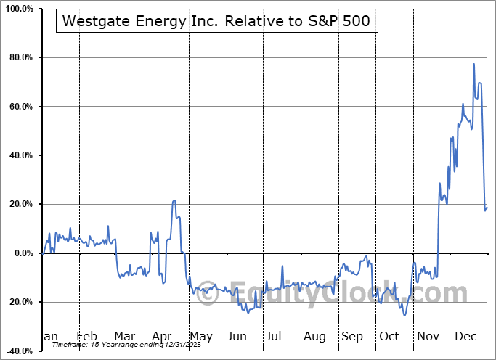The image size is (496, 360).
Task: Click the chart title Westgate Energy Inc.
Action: pos(217,21)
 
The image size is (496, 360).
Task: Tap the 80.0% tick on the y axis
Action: pos(19,58)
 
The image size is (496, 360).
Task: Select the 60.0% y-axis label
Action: pos(19,107)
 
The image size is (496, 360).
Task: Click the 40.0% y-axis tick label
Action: pos(19,155)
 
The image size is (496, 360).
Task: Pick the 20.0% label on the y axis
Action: pos(19,205)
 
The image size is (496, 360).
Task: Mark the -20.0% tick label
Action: pos(17,302)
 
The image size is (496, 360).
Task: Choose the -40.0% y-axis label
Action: pos(17,351)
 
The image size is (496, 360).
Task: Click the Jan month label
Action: pos(49,336)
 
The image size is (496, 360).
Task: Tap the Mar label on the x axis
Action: pos(124,336)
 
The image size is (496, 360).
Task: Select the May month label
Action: pos(200,336)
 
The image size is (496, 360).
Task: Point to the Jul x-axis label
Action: pos(274,336)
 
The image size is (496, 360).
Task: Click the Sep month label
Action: pos(352,336)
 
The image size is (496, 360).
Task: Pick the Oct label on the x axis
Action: pos(389,336)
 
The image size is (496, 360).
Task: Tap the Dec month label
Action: pos(465,336)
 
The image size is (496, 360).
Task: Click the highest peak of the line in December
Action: pos(473,64)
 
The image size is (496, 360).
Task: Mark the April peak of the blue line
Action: pos(174,201)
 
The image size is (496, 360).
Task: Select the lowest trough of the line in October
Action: pos(404,315)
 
